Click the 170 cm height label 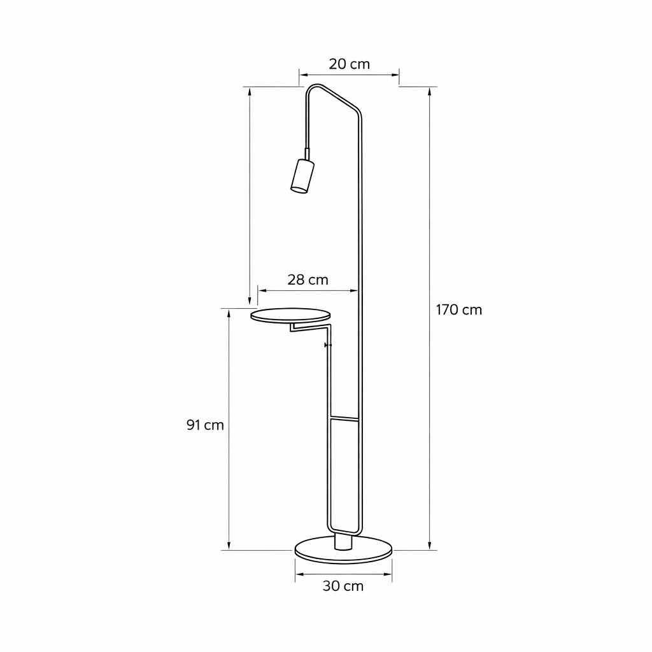click(x=458, y=310)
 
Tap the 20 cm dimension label click(x=350, y=64)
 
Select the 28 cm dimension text click(x=308, y=280)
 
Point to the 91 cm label click(x=205, y=425)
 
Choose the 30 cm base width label click(x=343, y=586)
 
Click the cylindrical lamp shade click(x=302, y=176)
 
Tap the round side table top click(x=290, y=315)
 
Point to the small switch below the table click(x=328, y=344)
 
